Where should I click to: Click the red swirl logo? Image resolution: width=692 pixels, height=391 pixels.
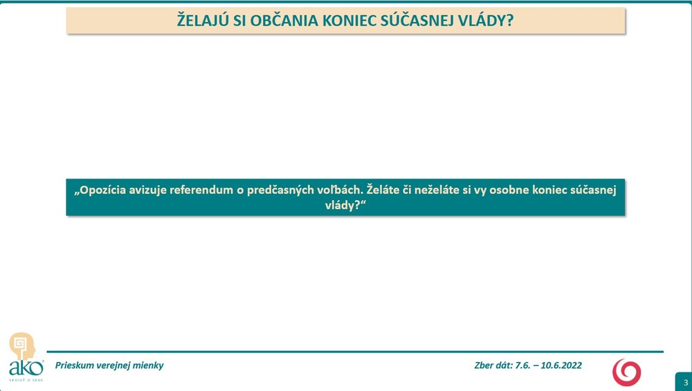626,372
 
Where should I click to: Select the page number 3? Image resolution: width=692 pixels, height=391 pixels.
685,383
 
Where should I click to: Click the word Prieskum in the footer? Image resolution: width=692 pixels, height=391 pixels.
75,365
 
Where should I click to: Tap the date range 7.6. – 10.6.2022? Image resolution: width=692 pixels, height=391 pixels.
549,365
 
